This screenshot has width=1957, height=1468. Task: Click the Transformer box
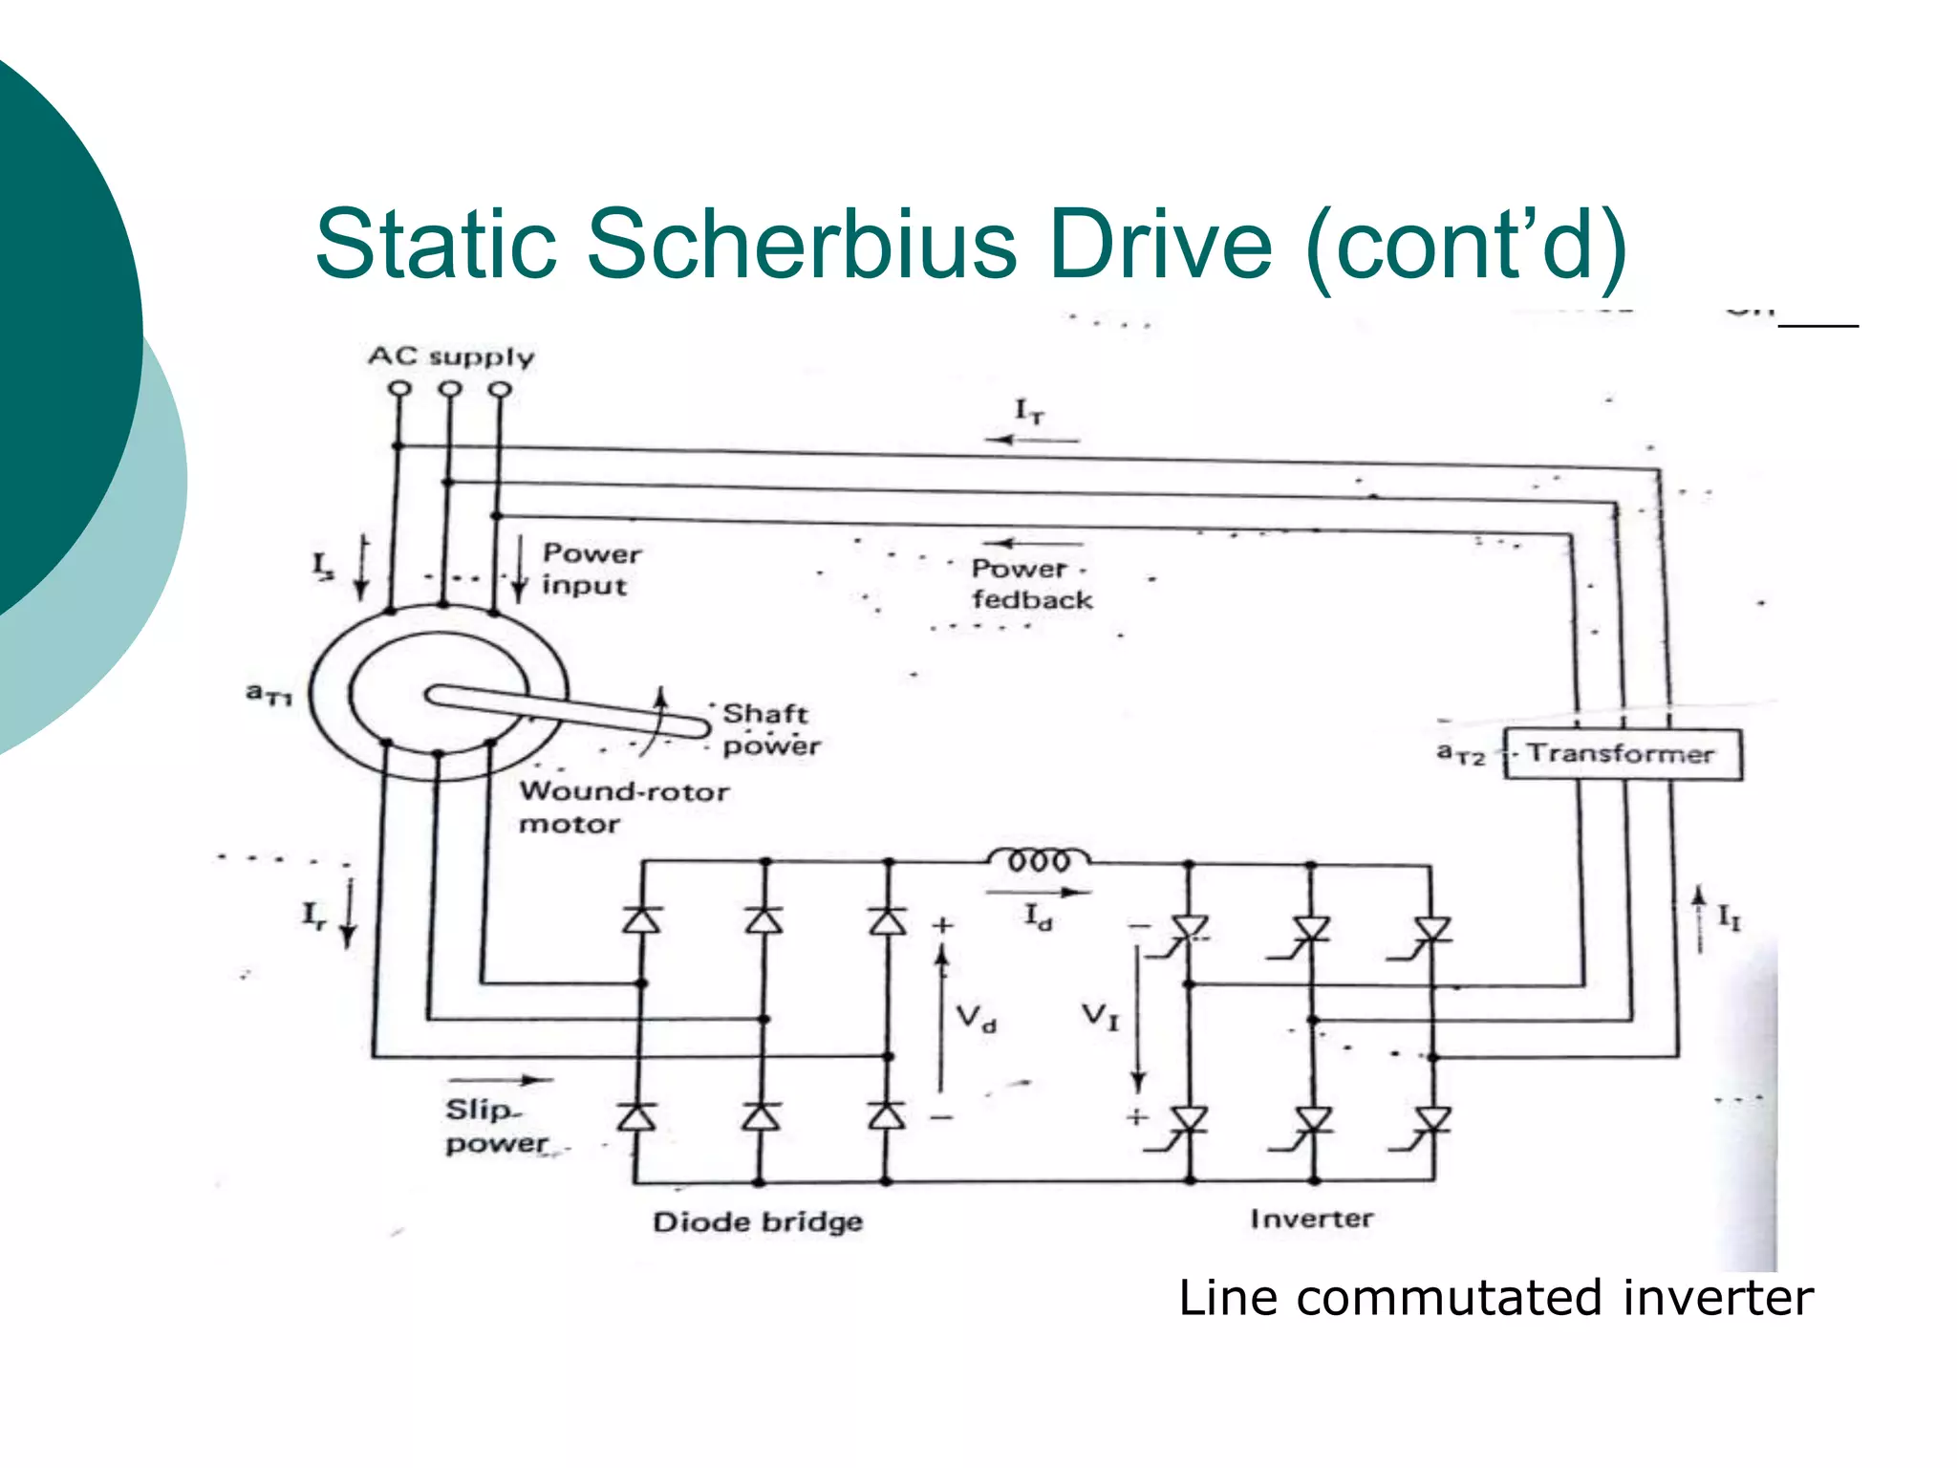pyautogui.click(x=1622, y=754)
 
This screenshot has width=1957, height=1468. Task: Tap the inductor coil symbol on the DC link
pyautogui.click(x=1039, y=859)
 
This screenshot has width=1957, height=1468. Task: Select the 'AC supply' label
pyautogui.click(x=451, y=356)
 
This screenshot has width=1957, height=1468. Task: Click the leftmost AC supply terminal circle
pyautogui.click(x=399, y=389)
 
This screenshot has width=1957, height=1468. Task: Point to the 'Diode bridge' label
pyautogui.click(x=758, y=1221)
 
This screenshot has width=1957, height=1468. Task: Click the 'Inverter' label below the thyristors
pyautogui.click(x=1311, y=1219)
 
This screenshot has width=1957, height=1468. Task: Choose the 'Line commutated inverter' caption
pyautogui.click(x=1495, y=1298)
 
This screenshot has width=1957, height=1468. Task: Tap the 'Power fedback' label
pyautogui.click(x=1031, y=584)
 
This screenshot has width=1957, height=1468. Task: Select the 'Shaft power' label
pyautogui.click(x=770, y=729)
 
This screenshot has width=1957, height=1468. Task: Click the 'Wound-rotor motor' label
pyautogui.click(x=623, y=808)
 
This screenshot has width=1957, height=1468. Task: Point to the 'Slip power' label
pyautogui.click(x=496, y=1127)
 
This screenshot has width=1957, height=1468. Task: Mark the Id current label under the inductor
pyautogui.click(x=1038, y=917)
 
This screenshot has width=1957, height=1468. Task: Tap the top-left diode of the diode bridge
pyautogui.click(x=641, y=919)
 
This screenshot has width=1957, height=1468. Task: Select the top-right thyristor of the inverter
pyautogui.click(x=1432, y=929)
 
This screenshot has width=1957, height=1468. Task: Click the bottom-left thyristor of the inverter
pyautogui.click(x=1190, y=1119)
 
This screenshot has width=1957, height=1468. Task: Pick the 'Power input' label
pyautogui.click(x=591, y=570)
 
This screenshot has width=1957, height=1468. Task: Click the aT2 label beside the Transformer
pyautogui.click(x=1460, y=754)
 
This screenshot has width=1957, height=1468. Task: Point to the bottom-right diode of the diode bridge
pyautogui.click(x=887, y=1116)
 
